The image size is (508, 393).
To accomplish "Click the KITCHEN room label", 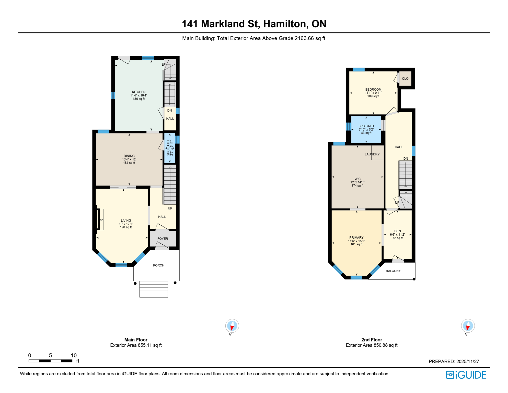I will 138,92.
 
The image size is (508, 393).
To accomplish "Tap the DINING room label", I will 129,156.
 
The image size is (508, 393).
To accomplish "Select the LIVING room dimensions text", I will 126,224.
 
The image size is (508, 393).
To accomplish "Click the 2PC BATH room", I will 170,148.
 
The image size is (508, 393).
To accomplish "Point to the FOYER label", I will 163,239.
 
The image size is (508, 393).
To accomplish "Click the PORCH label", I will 158,265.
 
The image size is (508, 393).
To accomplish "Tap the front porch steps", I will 154,289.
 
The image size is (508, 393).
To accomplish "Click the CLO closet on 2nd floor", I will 405,79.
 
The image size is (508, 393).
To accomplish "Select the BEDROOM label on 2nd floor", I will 373,90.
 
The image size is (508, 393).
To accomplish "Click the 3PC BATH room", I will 366,129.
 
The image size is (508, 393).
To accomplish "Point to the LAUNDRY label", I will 372,154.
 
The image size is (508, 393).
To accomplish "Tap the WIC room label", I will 357,179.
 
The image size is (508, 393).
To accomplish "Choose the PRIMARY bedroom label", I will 356,238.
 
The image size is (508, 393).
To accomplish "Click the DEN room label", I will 397,231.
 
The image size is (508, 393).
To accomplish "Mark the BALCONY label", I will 393,271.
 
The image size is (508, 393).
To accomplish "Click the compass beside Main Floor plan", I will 232,326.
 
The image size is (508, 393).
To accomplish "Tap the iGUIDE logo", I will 466,375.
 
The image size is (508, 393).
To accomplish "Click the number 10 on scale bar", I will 74,355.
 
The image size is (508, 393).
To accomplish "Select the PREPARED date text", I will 454,362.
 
